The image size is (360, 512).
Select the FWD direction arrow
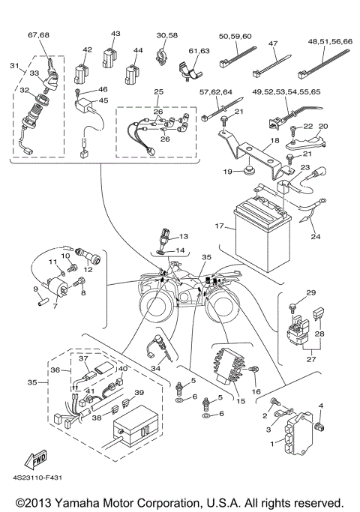[36, 459]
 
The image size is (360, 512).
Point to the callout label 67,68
[38, 35]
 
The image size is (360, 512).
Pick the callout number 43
[115, 34]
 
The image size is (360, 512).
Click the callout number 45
[103, 100]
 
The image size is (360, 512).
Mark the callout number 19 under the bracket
[229, 171]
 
